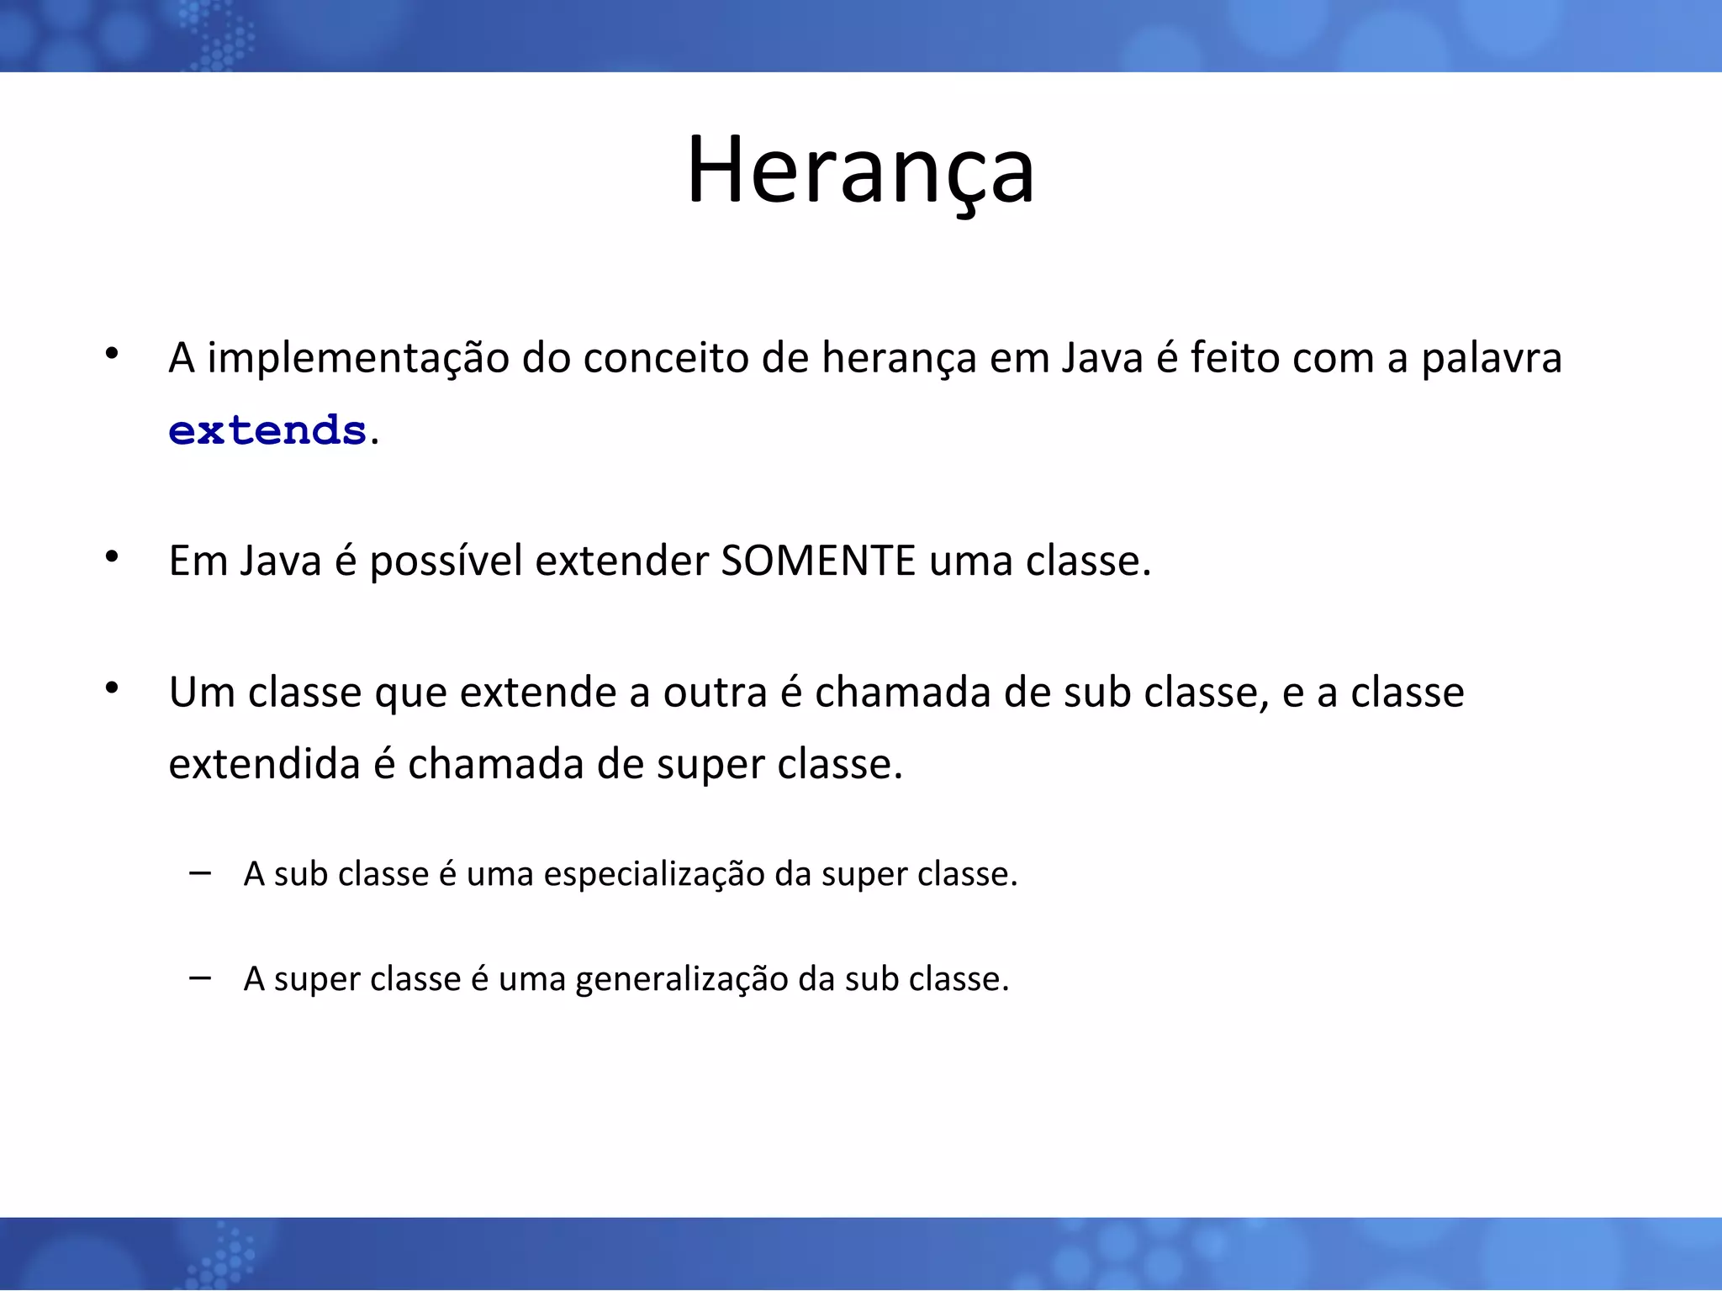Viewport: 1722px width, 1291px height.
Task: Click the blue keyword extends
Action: pos(267,431)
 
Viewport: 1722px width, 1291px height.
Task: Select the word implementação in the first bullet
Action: pos(358,359)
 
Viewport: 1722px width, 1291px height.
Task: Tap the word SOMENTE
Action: pos(818,561)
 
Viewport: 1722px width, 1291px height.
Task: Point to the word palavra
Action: pos(1491,359)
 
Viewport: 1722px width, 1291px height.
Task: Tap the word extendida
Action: pos(264,764)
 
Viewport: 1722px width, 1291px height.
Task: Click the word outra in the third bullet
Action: pos(715,693)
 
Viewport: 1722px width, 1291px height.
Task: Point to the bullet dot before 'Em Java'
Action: pos(112,556)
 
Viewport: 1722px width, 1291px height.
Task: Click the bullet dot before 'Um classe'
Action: pos(112,688)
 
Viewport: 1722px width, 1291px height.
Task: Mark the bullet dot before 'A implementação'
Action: pos(112,354)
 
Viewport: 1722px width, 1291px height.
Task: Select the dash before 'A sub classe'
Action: pos(200,873)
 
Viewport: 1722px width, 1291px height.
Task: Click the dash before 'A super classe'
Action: pos(200,977)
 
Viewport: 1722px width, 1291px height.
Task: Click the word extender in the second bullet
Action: pos(621,561)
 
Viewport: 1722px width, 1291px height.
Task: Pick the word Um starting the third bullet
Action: pos(201,693)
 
